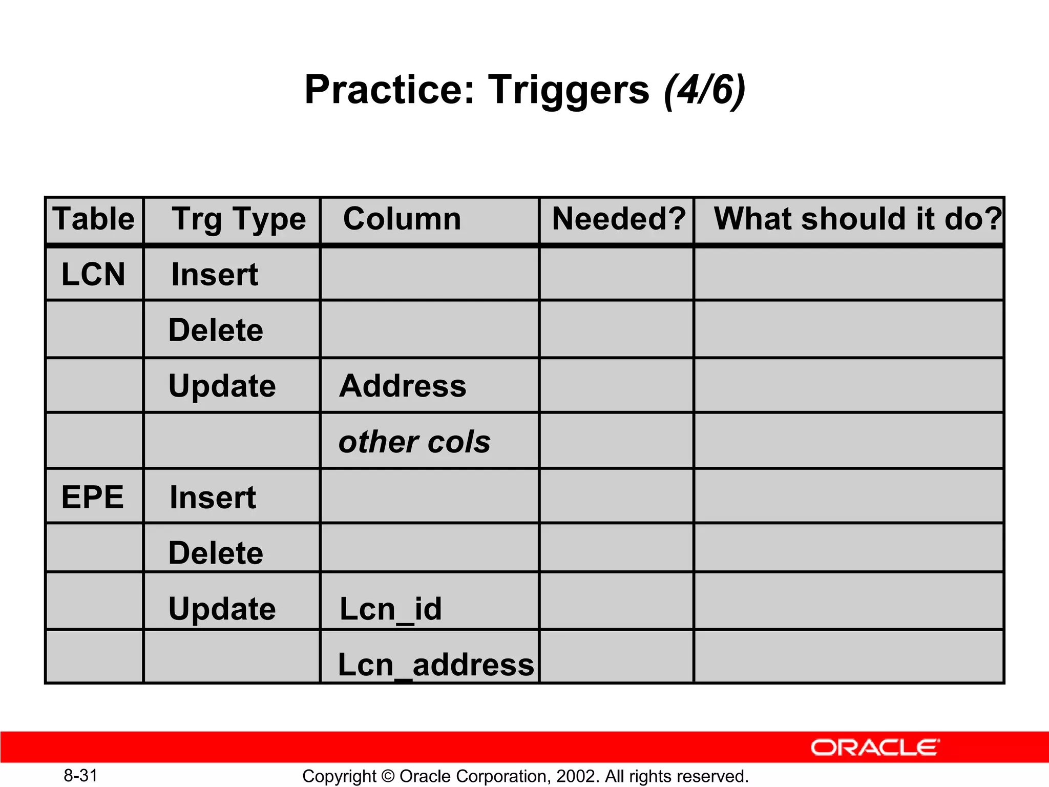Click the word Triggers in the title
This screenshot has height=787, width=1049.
coord(569,90)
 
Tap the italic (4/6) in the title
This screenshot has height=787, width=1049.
coord(704,90)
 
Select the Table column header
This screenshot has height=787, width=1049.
coord(94,219)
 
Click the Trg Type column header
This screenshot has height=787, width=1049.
coord(239,219)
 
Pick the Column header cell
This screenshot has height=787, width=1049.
coord(402,219)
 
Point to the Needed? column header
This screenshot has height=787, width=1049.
coord(618,219)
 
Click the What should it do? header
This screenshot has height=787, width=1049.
coord(857,219)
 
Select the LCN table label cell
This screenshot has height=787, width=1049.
coord(93,274)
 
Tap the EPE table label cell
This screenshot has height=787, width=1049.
coord(93,497)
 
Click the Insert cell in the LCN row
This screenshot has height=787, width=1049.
coord(215,275)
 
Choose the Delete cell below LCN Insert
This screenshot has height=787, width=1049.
coord(216,330)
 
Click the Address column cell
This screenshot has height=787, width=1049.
coord(403,386)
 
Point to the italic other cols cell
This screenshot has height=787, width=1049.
coord(414,442)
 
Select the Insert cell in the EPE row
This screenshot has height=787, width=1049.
coord(213,498)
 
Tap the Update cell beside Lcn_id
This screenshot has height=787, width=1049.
coord(222,609)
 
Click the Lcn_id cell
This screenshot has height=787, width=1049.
coord(390,609)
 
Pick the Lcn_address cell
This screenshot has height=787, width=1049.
coord(435,665)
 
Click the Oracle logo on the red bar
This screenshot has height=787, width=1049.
coord(875,748)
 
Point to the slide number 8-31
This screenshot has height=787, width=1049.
coord(80,775)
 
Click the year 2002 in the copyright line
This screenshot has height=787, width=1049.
coord(575,776)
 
